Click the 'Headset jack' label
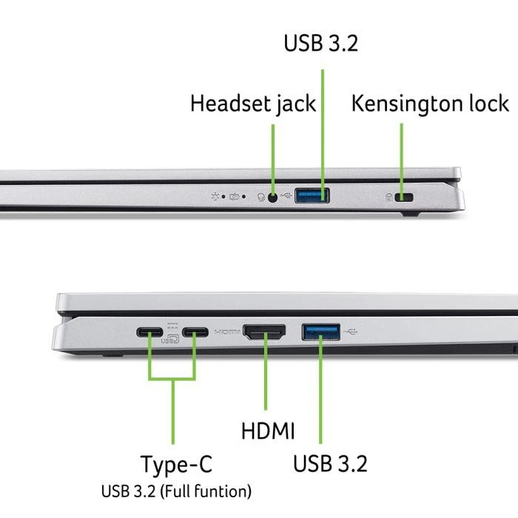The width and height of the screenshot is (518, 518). point(252,104)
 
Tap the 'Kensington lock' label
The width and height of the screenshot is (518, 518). point(430,104)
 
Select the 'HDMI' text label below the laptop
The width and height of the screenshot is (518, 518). point(268,431)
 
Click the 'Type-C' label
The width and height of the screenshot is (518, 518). point(176,465)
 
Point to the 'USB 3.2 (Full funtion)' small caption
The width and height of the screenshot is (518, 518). point(176,490)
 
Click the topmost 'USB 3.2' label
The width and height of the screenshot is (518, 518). point(320,43)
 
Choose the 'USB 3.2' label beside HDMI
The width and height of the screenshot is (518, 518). point(330,465)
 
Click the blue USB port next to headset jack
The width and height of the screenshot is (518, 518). point(312,196)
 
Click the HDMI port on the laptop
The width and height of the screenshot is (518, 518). point(264,332)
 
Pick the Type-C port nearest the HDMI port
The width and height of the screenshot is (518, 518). point(196,332)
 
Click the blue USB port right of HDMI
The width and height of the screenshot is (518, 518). point(320,331)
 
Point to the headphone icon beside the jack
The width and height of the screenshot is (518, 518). point(260,197)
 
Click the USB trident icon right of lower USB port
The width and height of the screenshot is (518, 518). point(351,331)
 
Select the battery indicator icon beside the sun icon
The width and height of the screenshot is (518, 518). point(234,197)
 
